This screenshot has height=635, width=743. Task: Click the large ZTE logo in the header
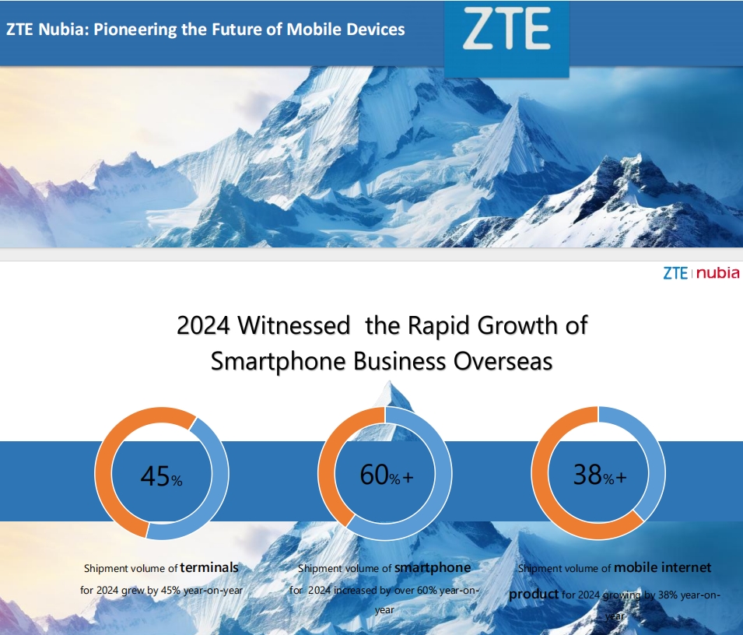pos(506,31)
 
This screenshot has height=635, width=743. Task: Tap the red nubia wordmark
pos(717,273)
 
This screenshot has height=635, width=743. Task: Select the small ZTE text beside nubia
pos(675,273)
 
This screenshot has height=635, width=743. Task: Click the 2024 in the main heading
pos(203,325)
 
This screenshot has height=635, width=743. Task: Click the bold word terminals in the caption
pos(209,567)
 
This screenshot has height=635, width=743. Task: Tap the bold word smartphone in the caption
pos(433,567)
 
